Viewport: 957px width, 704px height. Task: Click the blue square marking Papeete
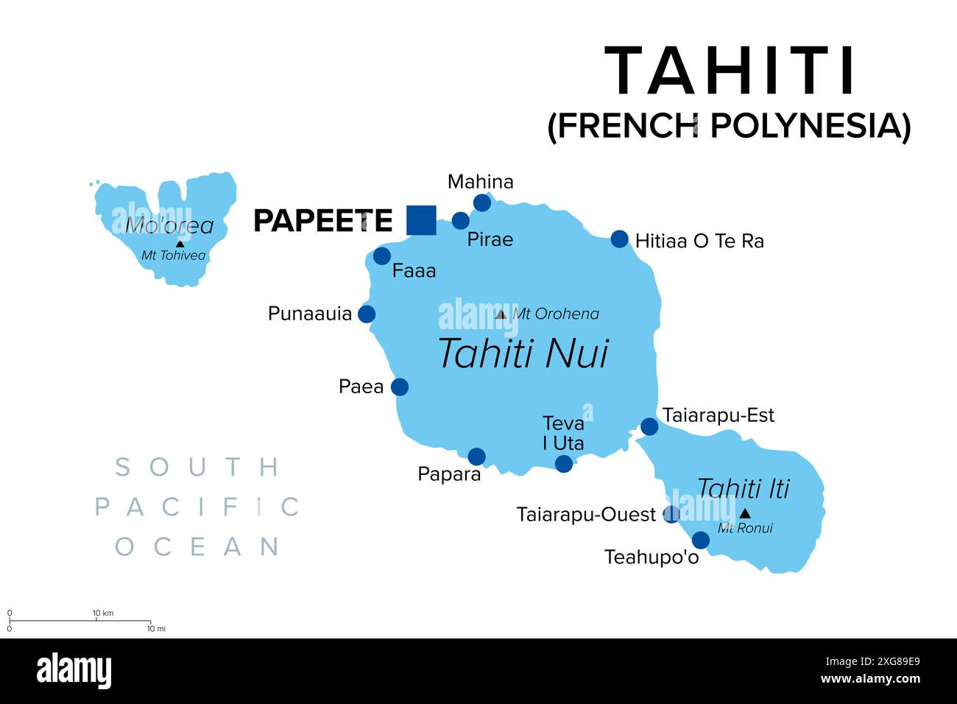point(421,220)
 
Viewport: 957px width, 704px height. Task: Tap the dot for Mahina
point(482,203)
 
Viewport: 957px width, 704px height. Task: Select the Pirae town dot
point(461,220)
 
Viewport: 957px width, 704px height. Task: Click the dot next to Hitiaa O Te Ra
point(620,239)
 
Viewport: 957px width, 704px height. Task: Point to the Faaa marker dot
point(382,256)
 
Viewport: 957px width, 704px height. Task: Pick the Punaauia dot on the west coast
point(367,314)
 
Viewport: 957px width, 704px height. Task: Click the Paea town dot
point(400,387)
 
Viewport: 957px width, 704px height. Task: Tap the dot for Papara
point(477,457)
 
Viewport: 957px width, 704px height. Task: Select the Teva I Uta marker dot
point(564,463)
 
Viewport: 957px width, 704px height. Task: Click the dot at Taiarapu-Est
point(649,426)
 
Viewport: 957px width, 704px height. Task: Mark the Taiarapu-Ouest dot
point(671,514)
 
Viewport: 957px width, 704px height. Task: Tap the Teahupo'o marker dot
point(701,541)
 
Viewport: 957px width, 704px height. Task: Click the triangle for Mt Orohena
point(501,314)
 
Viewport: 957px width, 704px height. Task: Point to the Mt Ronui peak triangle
point(745,513)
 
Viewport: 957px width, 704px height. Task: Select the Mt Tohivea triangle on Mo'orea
point(180,243)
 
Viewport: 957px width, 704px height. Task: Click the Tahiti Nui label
point(523,353)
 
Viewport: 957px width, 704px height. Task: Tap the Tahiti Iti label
point(743,488)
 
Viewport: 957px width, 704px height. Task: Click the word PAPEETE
point(322,220)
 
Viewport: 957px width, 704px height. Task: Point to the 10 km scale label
point(103,613)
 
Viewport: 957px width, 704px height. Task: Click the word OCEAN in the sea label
point(197,546)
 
